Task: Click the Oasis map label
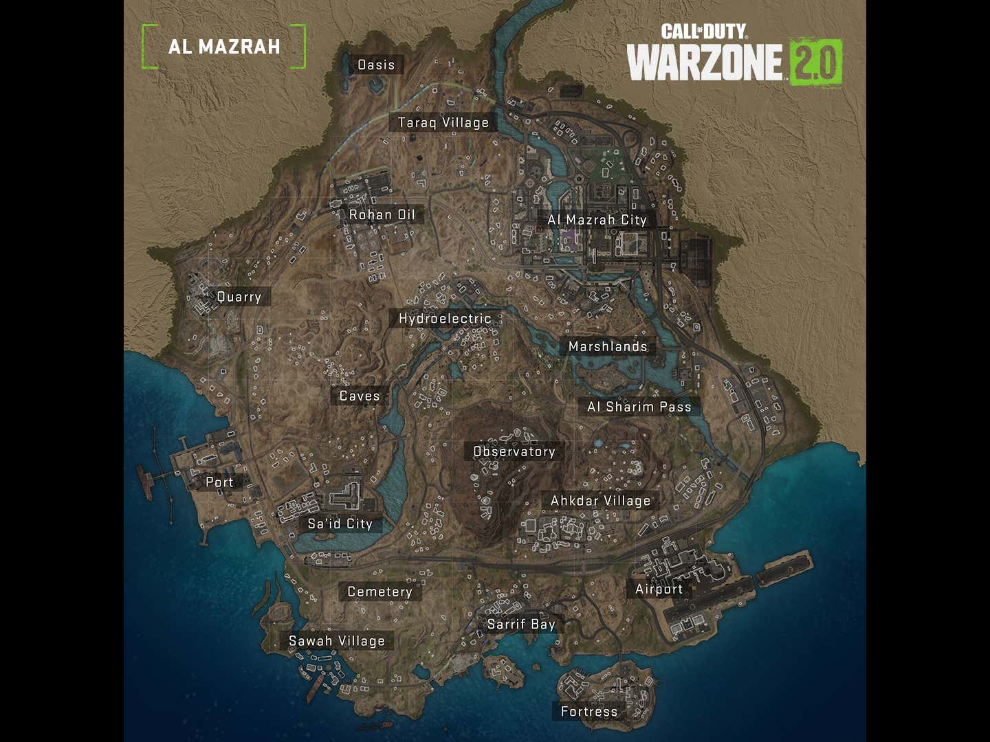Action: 376,65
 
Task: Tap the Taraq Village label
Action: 443,123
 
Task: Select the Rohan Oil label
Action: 382,215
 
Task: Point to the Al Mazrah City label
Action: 597,220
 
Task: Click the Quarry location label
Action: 239,297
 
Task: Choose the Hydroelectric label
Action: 445,319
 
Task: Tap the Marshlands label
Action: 608,347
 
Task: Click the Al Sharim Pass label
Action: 639,407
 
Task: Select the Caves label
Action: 360,396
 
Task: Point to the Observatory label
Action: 514,451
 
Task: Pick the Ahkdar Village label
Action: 600,501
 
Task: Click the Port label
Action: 219,482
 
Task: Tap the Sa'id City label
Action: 340,524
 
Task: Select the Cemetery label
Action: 379,592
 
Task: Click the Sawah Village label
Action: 336,641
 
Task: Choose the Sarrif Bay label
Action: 520,624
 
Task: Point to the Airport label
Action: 659,589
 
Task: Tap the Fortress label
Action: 588,711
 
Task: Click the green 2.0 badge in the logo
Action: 815,63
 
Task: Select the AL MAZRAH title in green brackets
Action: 223,47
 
